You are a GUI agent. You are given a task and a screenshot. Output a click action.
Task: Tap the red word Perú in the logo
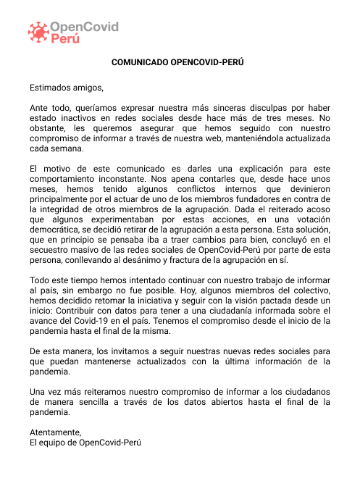(x=66, y=40)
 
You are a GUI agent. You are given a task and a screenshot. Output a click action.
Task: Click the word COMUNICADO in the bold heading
(x=138, y=62)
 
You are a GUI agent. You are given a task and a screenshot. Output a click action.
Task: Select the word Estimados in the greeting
(x=51, y=88)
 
